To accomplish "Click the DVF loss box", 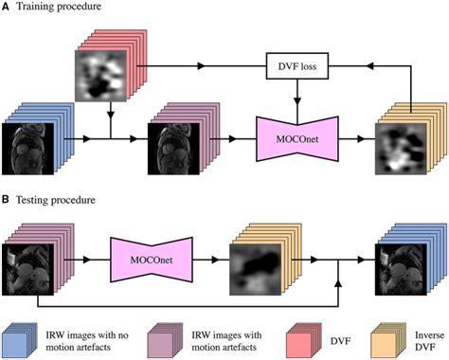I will (298, 67).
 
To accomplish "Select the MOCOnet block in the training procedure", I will (298, 138).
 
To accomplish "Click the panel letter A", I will (7, 8).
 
